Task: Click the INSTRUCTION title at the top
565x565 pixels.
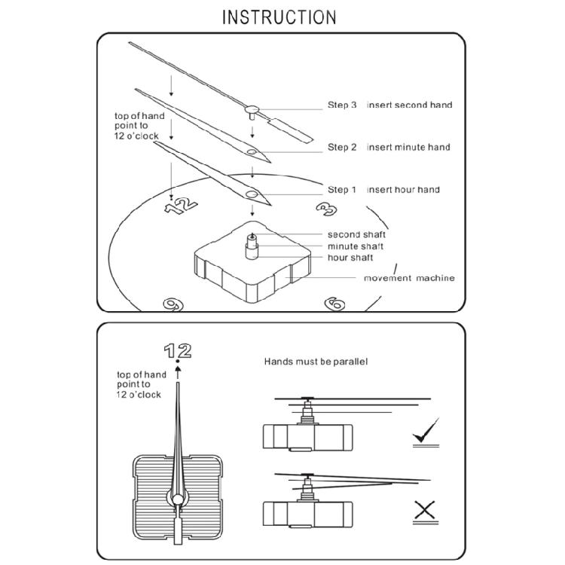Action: point(279,17)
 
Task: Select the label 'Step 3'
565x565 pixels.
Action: point(342,105)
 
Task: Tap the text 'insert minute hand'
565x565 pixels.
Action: point(408,147)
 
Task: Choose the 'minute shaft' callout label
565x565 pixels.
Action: point(356,246)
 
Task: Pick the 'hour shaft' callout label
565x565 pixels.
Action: point(350,258)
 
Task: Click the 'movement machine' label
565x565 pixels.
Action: point(409,278)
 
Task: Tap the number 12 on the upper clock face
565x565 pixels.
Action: point(182,203)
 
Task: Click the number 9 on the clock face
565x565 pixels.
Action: point(174,304)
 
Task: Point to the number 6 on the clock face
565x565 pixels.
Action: point(334,304)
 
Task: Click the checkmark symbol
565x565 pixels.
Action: point(426,434)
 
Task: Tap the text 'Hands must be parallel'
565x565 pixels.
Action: point(316,362)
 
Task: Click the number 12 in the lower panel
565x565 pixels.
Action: point(178,350)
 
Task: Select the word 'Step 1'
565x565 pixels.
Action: point(342,189)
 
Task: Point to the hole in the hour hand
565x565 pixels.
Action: point(250,195)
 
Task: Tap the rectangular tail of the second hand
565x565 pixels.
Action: point(290,128)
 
